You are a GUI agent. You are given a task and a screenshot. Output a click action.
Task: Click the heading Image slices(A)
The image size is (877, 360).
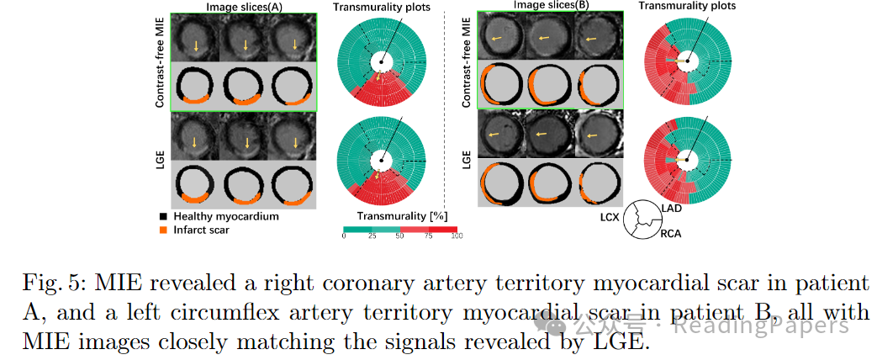coord(242,6)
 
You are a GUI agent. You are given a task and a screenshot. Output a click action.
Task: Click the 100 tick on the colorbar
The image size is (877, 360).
coord(457,237)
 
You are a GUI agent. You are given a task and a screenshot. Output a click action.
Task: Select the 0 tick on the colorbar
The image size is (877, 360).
coord(344,237)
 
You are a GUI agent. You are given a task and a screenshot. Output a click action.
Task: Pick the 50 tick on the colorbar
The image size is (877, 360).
coord(400,237)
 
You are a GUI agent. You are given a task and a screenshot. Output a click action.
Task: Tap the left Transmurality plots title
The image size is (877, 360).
coord(382,7)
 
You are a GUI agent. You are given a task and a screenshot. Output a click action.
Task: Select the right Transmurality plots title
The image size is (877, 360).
coord(687,6)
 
